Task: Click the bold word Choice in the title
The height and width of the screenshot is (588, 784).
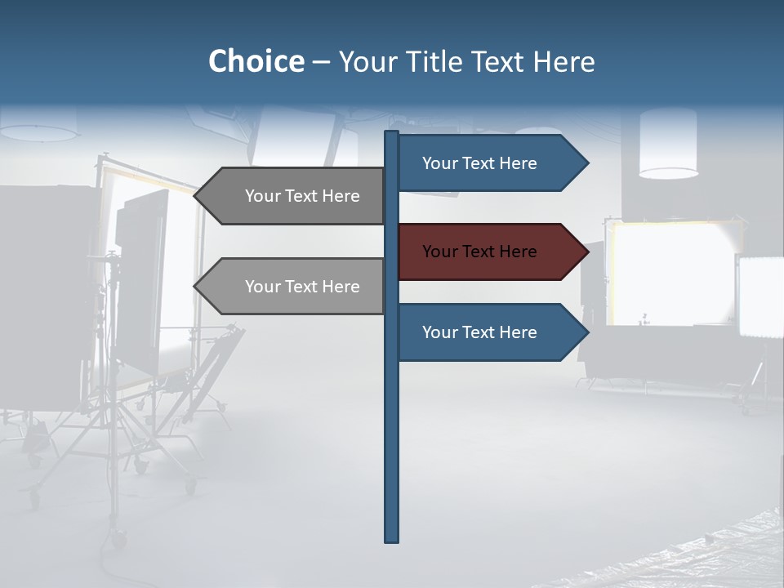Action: coord(256,61)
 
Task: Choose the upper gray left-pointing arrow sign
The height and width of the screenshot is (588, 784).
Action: coord(294,196)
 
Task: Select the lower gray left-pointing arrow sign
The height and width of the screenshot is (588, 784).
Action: coord(294,287)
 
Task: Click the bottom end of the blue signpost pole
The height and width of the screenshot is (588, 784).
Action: coord(392,539)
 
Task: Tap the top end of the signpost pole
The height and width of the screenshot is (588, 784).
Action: coord(392,134)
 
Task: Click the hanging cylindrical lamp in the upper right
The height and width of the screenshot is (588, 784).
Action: coord(668,144)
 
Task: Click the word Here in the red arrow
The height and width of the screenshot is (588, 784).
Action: coord(517,252)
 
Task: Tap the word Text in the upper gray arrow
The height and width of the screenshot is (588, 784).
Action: coord(302,196)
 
